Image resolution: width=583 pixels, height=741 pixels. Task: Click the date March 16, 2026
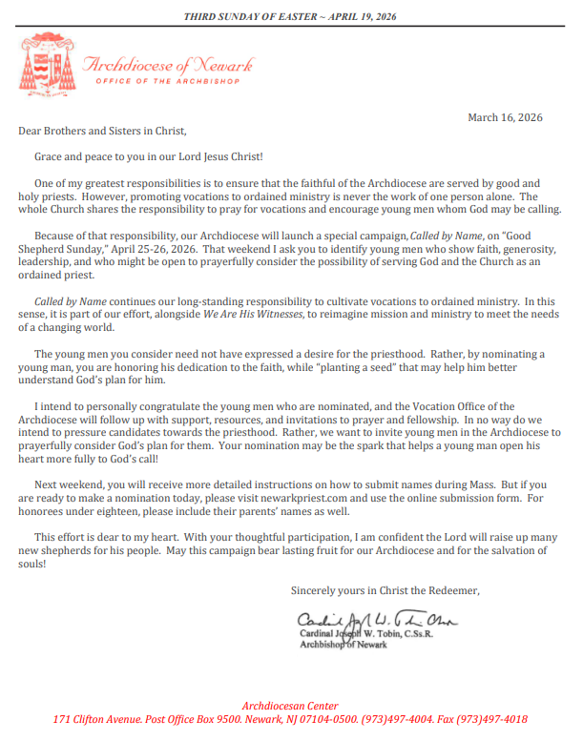505,117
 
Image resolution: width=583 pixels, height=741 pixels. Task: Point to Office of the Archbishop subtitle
169,81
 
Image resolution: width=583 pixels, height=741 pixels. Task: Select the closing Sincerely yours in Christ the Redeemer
385,591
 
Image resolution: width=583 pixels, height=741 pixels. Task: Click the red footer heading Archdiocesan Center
290,705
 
